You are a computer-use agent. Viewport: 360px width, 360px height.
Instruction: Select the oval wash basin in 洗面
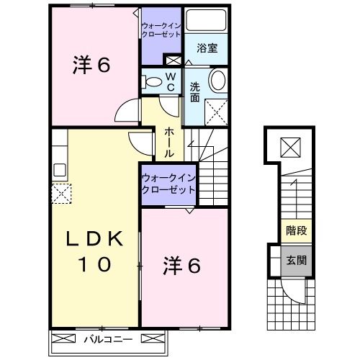217,80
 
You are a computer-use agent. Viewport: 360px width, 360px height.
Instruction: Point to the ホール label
168,142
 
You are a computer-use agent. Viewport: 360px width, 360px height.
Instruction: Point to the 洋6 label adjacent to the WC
90,66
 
